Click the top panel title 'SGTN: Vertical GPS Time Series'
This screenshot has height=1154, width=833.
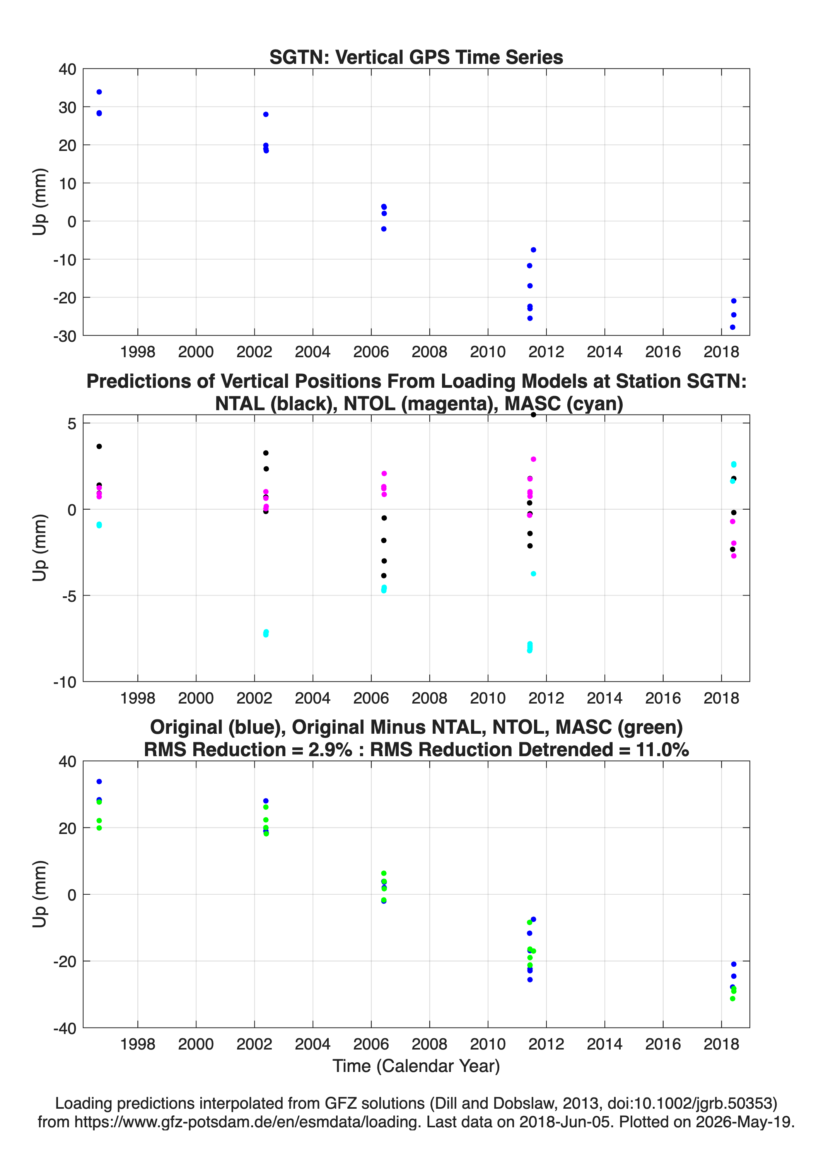(x=416, y=57)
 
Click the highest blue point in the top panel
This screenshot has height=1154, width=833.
(x=99, y=92)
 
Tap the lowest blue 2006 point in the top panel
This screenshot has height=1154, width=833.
(x=384, y=229)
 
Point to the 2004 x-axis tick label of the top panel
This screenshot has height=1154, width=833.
(x=313, y=352)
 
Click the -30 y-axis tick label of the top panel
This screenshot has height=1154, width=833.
(x=65, y=336)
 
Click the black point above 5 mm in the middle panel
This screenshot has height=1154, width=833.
(x=533, y=415)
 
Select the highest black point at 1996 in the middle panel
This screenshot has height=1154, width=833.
(x=99, y=446)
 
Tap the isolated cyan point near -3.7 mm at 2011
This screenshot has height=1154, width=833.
(x=533, y=574)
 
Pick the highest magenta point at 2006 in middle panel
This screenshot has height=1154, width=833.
(x=384, y=474)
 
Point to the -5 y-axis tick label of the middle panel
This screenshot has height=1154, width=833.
(x=70, y=596)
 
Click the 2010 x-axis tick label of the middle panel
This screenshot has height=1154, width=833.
(x=488, y=698)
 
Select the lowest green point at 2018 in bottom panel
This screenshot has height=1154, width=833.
(x=732, y=998)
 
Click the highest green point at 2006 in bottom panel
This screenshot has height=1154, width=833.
(x=384, y=873)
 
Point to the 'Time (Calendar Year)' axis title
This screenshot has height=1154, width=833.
(x=416, y=1065)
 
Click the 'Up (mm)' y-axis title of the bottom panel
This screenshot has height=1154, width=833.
(x=40, y=894)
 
